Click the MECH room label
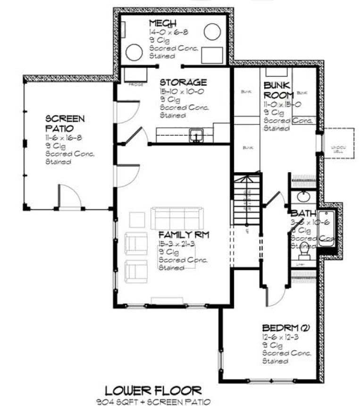163,24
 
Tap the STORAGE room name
183,83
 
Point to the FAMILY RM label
184,235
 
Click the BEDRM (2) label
283,328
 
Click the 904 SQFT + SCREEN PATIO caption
153,401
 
